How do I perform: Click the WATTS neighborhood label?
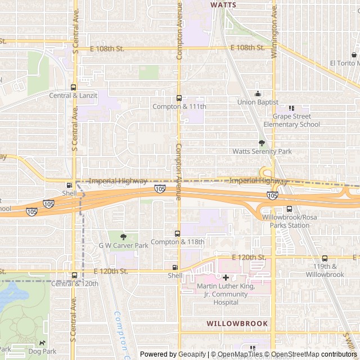(223, 4)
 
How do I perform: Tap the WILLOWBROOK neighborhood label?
(237, 323)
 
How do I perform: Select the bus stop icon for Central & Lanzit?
(73, 87)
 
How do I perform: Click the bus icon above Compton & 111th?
(179, 98)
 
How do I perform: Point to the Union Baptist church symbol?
(258, 93)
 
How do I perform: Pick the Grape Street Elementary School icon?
(291, 108)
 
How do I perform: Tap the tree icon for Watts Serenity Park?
(262, 143)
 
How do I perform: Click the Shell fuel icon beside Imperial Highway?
(69, 185)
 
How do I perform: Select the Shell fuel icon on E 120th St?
(175, 267)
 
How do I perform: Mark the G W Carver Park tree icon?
(124, 237)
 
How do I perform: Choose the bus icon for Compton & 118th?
(177, 233)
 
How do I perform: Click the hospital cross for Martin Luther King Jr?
(226, 277)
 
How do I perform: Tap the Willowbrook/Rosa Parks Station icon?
(289, 209)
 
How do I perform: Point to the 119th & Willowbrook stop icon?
(325, 258)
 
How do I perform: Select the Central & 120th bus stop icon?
(74, 275)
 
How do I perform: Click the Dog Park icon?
(42, 343)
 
